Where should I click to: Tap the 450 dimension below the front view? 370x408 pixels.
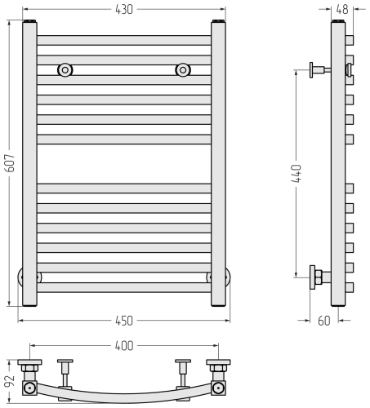[x=124, y=319]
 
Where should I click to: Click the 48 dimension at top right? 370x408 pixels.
[x=341, y=9]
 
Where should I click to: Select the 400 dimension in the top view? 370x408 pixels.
[x=124, y=347]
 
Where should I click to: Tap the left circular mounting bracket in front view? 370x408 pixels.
[x=64, y=70]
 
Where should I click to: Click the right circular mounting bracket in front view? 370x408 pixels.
[x=183, y=70]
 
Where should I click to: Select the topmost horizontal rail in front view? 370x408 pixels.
[x=124, y=40]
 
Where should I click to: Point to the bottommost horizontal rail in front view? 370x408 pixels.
[x=124, y=287]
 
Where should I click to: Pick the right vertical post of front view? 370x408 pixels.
[x=219, y=163]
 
